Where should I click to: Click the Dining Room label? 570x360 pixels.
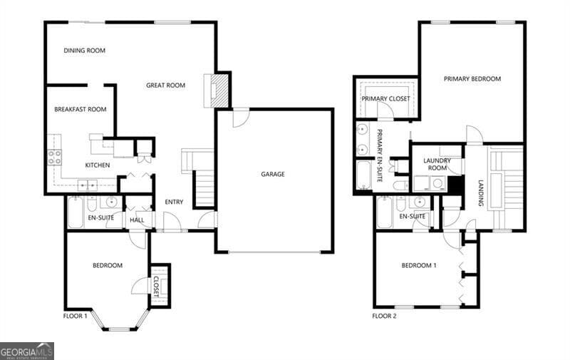pyautogui.click(x=85, y=51)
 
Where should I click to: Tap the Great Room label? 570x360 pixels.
pyautogui.click(x=165, y=86)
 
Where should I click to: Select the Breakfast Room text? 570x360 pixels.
pyautogui.click(x=81, y=110)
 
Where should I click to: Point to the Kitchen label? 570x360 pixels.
pyautogui.click(x=98, y=165)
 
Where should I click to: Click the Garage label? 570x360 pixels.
pyautogui.click(x=273, y=174)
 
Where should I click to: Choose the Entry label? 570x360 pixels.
pyautogui.click(x=174, y=202)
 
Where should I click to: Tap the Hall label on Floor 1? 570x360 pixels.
pyautogui.click(x=137, y=220)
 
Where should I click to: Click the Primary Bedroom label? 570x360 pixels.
pyautogui.click(x=472, y=79)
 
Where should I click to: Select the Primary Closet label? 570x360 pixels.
pyautogui.click(x=385, y=98)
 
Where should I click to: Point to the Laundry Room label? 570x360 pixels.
pyautogui.click(x=437, y=165)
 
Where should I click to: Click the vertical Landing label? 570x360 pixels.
pyautogui.click(x=481, y=193)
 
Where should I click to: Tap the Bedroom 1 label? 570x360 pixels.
pyautogui.click(x=419, y=266)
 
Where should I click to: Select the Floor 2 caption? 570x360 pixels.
pyautogui.click(x=385, y=316)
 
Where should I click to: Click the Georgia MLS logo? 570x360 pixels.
pyautogui.click(x=27, y=351)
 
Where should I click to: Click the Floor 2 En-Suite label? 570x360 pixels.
pyautogui.click(x=412, y=216)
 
